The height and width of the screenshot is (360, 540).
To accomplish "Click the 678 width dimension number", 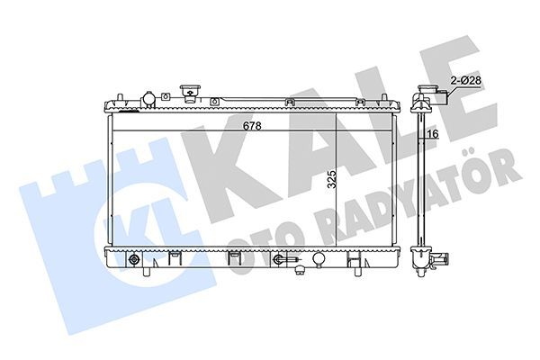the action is pyautogui.click(x=252, y=126).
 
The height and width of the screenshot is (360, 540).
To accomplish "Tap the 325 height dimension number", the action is pyautogui.click(x=332, y=179).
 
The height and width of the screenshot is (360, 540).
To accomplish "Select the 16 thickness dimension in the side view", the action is pyautogui.click(x=435, y=134).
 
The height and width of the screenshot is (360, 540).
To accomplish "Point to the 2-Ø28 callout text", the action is pyautogui.click(x=465, y=81).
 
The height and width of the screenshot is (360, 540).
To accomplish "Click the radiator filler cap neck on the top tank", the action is pyautogui.click(x=190, y=92).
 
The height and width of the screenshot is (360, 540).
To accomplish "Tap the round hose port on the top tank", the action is pyautogui.click(x=148, y=99).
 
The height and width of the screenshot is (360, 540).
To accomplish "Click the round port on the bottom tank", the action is pyautogui.click(x=319, y=258).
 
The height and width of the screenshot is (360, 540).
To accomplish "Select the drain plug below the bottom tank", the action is pyautogui.click(x=301, y=269).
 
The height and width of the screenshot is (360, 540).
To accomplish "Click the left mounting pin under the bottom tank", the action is pyautogui.click(x=147, y=271).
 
